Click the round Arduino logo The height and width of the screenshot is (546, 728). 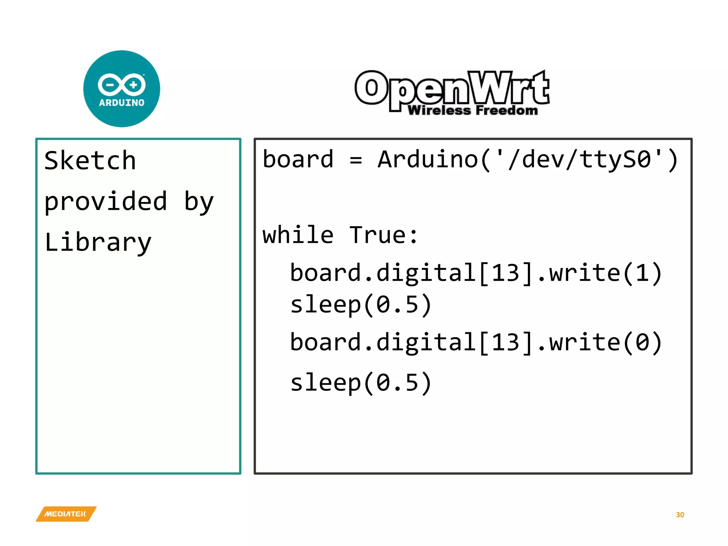click(x=122, y=89)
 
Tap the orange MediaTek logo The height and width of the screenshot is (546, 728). click(x=66, y=514)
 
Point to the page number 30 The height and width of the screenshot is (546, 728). click(x=680, y=515)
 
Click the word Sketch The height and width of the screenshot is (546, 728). click(x=90, y=161)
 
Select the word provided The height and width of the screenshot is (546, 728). click(x=106, y=202)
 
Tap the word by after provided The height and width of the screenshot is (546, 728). click(x=199, y=202)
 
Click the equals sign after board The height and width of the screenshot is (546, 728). click(x=355, y=160)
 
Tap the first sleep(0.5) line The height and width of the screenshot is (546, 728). click(x=361, y=305)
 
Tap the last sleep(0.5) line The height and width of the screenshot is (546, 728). click(x=361, y=383)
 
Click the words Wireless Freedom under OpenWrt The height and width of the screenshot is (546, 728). click(x=473, y=111)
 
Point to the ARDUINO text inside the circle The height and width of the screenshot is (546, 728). click(x=122, y=103)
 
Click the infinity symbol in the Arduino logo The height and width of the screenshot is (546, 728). click(x=122, y=85)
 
